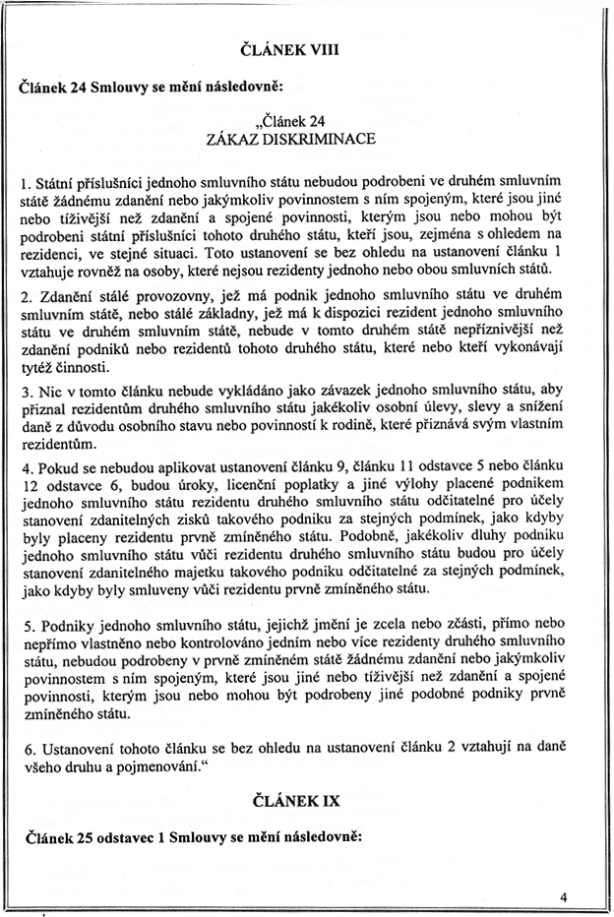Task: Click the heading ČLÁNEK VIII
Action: pyautogui.click(x=304, y=49)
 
